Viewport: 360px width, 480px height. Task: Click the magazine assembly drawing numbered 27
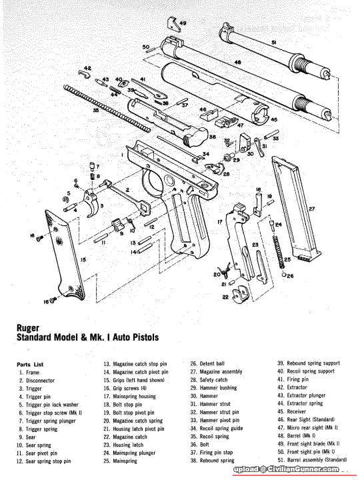click(295, 208)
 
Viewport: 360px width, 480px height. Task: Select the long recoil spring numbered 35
click(107, 109)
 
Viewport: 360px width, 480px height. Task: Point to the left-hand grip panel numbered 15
click(65, 255)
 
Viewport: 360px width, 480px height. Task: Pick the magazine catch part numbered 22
click(240, 294)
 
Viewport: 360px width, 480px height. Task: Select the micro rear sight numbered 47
click(226, 122)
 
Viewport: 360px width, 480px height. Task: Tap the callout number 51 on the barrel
click(274, 43)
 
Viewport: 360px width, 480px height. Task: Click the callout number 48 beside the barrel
click(238, 62)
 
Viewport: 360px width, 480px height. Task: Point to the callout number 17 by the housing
click(220, 221)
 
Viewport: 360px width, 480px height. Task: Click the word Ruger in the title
click(28, 328)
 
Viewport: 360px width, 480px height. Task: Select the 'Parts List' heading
click(30, 365)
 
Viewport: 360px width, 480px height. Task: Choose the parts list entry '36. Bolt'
click(200, 445)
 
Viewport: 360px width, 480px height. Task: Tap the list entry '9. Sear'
click(27, 437)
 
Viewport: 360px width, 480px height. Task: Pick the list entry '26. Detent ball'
click(207, 364)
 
